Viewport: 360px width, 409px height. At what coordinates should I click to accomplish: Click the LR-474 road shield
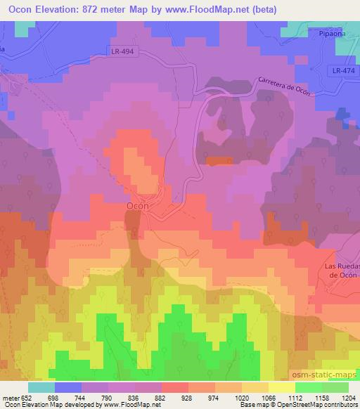click(x=343, y=71)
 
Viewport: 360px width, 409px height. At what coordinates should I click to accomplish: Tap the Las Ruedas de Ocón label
click(x=342, y=270)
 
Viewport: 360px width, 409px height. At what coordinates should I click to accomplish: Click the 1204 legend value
click(x=348, y=397)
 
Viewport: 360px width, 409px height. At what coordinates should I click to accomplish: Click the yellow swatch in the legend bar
click(x=281, y=387)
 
